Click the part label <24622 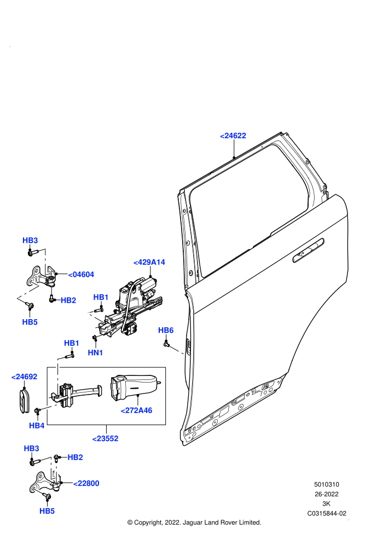click(233, 136)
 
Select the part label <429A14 click(149, 262)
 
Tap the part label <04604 click(81, 275)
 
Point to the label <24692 click(24, 377)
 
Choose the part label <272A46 click(136, 410)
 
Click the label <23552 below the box click(106, 439)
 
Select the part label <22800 click(86, 484)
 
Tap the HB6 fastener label click(166, 331)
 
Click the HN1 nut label click(95, 352)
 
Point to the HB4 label click(37, 426)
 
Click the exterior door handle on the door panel click(308, 250)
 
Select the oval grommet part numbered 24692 click(24, 400)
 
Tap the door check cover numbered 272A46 click(133, 387)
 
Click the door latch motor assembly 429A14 click(130, 307)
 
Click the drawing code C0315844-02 click(327, 513)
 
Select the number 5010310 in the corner click(327, 484)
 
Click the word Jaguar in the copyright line click(191, 523)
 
